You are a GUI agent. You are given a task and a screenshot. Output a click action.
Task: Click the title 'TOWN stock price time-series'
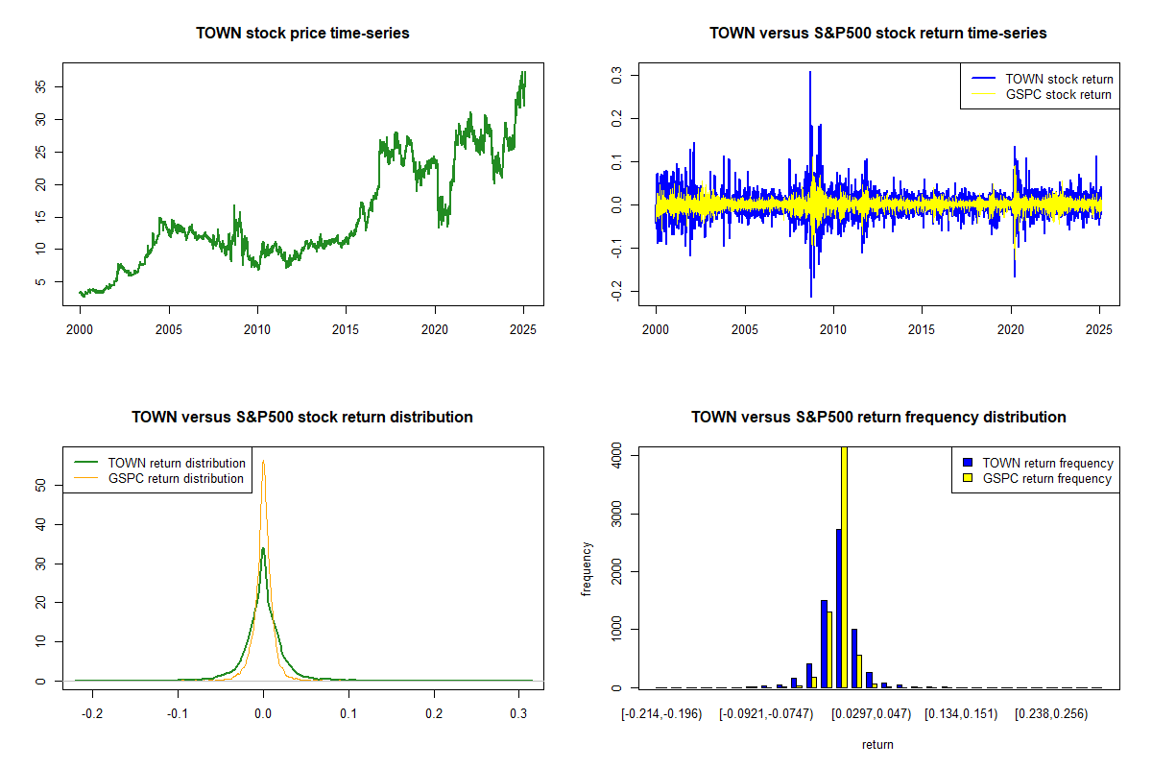pos(302,34)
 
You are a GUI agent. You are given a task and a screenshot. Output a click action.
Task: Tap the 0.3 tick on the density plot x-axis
pos(519,714)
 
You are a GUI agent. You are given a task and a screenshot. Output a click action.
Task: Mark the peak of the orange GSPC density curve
pos(263,462)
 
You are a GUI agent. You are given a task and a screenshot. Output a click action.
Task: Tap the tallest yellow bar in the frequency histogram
pos(844,566)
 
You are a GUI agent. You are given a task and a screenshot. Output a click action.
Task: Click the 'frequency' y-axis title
pos(588,568)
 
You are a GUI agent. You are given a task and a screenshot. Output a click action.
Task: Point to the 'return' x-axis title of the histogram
pos(877,744)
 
